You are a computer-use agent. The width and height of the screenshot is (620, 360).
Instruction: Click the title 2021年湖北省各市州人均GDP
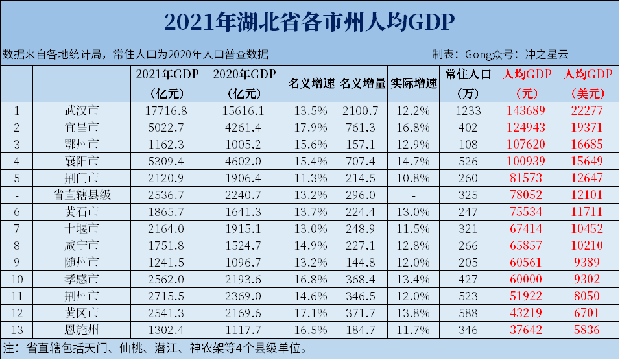[309, 21]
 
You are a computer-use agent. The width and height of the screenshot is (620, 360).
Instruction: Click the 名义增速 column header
[311, 84]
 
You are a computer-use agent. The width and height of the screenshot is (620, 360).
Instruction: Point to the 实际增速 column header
[414, 84]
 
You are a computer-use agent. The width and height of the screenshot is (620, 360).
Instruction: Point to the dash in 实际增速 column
[414, 195]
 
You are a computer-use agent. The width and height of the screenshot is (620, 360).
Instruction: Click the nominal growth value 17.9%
[311, 127]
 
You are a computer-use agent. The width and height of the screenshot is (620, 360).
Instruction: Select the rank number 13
[17, 330]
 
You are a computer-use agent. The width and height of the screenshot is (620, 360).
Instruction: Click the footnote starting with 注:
[156, 348]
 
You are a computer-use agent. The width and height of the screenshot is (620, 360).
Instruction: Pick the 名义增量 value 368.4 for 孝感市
[363, 279]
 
